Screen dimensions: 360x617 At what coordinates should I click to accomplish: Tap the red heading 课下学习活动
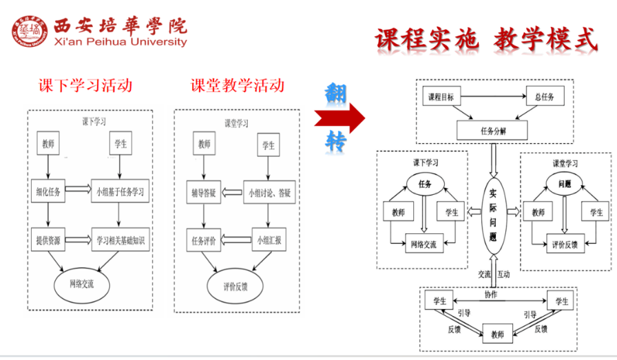85,85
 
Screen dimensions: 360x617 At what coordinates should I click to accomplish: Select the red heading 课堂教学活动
238,85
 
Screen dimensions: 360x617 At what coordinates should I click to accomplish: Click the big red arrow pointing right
339,118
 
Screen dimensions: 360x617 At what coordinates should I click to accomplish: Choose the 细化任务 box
48,192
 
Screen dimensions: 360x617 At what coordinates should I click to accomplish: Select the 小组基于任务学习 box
121,192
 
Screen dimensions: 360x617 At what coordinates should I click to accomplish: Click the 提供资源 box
48,240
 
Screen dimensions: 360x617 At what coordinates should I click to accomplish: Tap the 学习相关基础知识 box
121,240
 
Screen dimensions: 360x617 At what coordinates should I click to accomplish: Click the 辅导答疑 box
204,193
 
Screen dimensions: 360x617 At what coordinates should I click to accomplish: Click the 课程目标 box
441,97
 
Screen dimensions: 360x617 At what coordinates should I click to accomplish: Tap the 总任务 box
545,97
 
